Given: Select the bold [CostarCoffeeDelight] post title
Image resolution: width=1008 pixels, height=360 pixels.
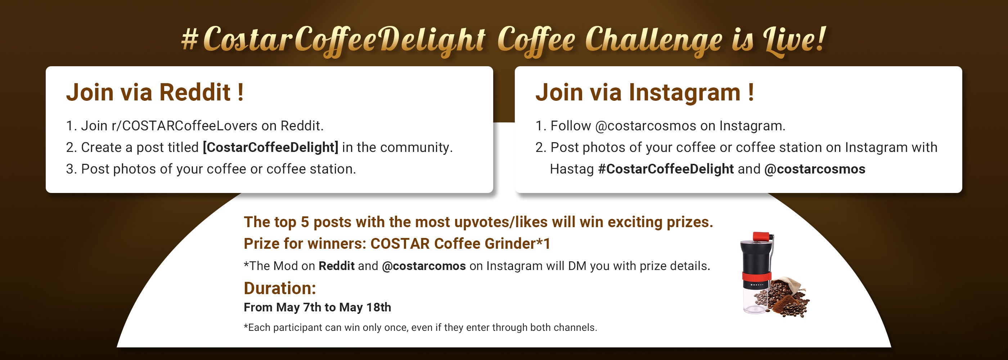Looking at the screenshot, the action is (270, 148).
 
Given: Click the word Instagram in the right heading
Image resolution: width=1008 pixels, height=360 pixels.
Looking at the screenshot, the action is (684, 93).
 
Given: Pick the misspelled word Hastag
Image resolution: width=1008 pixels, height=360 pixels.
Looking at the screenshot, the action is (572, 169).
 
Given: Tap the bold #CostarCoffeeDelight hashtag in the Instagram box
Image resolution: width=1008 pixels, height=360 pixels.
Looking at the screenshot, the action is (666, 169).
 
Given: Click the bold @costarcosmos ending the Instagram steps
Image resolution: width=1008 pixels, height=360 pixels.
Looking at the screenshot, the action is (815, 169).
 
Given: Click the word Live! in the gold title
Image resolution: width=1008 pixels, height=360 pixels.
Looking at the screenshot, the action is (795, 39).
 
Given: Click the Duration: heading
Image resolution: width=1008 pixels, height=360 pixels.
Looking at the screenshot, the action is (280, 288).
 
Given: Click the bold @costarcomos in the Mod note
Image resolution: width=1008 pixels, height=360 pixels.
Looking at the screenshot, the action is (424, 266).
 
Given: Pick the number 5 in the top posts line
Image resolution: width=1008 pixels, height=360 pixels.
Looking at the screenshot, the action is (305, 222).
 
